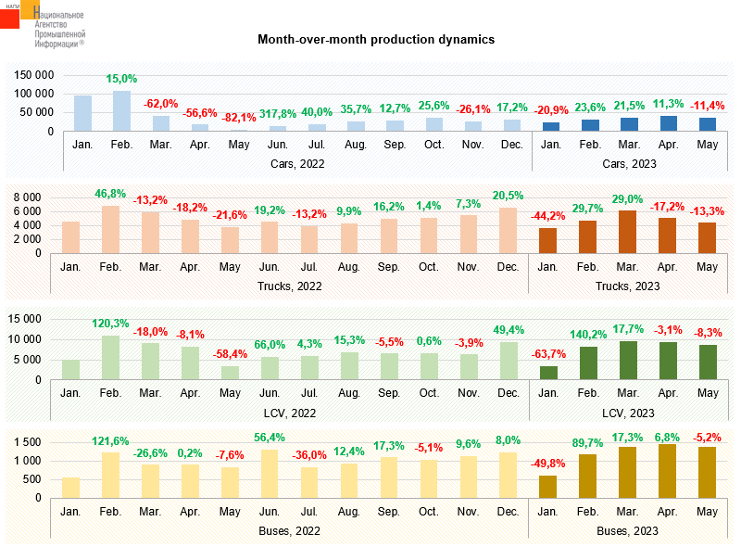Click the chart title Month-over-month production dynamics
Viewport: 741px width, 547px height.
tap(376, 40)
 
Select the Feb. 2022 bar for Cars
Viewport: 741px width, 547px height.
tap(122, 111)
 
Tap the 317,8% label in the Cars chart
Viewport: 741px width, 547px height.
tap(278, 114)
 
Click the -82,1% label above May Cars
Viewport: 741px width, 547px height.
tap(239, 118)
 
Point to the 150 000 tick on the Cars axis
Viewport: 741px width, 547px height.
tap(35, 75)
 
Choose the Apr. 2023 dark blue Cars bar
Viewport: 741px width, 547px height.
tap(669, 123)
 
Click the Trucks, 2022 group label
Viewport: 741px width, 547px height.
tap(290, 286)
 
